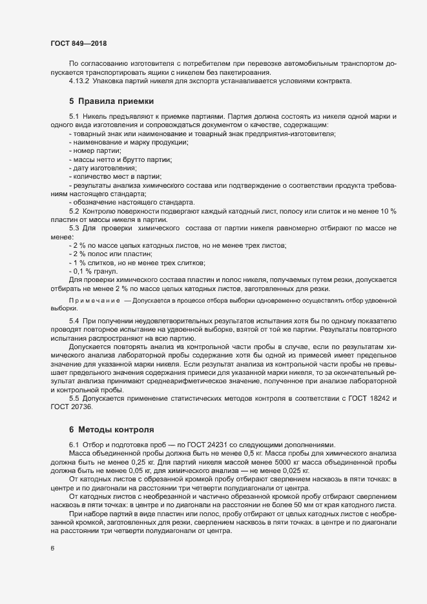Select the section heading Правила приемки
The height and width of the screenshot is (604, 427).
(110, 101)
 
